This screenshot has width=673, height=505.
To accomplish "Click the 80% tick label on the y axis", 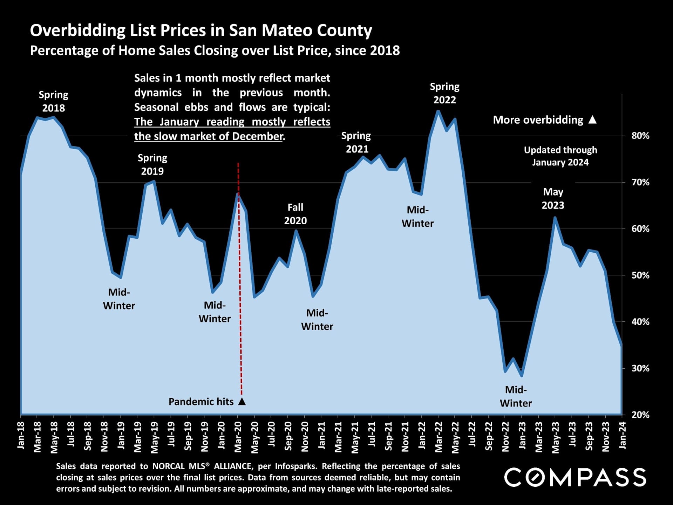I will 640,136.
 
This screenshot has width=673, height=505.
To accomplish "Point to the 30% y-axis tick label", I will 640,368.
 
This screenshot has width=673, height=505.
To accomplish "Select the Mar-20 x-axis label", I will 238,437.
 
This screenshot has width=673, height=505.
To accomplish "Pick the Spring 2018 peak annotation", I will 53,101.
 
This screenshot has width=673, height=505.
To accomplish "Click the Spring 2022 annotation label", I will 444,93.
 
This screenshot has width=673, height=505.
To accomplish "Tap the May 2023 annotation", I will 553,198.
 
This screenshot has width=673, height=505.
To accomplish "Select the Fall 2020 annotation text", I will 295,214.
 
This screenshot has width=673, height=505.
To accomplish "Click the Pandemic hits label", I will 201,402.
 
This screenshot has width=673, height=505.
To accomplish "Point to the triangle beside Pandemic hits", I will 242,402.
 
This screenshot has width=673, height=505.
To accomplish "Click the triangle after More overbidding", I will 592,120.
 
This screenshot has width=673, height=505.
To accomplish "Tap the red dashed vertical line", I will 240,280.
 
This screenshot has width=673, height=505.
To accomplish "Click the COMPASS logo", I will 575,477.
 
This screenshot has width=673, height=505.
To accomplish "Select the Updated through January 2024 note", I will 560,156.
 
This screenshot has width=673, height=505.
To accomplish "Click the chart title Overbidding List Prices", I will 201,30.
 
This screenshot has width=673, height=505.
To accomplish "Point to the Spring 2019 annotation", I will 152,164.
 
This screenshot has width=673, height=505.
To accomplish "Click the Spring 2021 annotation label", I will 356,142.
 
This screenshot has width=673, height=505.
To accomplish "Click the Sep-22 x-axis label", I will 489,437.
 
